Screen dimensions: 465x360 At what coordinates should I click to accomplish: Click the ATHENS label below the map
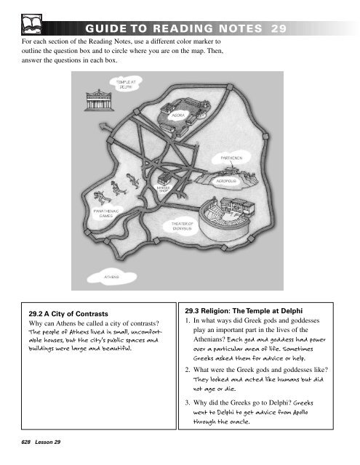(x=111, y=277)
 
